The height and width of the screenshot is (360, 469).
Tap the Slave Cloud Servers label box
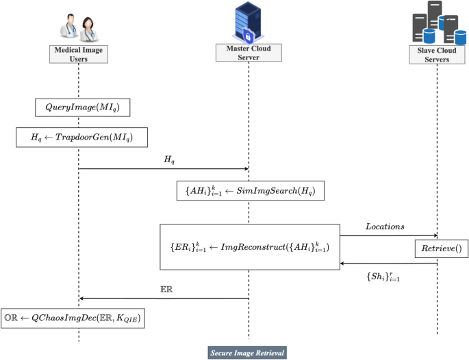[438, 55]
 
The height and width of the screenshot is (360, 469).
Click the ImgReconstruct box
[249, 246]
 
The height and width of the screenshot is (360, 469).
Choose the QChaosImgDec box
[73, 318]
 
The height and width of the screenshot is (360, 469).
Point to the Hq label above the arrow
[168, 159]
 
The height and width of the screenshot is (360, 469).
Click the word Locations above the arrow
[385, 226]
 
